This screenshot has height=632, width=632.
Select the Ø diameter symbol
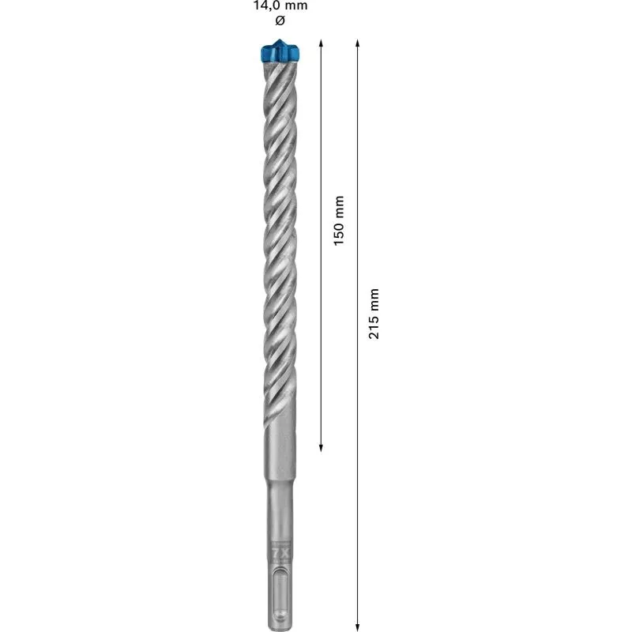tap(280, 20)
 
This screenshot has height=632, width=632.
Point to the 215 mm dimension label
tap(375, 314)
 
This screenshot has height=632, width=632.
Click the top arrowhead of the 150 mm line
tap(321, 42)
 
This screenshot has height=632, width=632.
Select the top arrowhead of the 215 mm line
tap(358, 42)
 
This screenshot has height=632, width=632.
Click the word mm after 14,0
tap(297, 6)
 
